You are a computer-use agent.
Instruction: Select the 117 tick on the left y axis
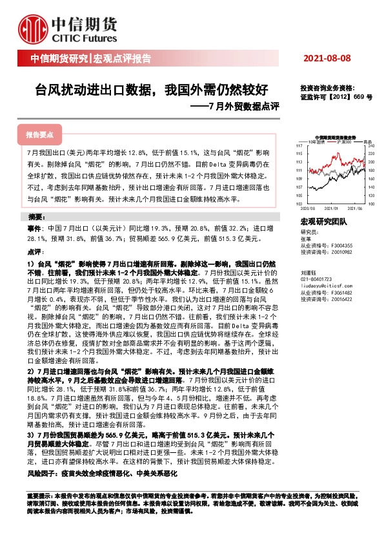pyautogui.click(x=301, y=146)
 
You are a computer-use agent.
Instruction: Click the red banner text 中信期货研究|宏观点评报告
pyautogui.click(x=90, y=59)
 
